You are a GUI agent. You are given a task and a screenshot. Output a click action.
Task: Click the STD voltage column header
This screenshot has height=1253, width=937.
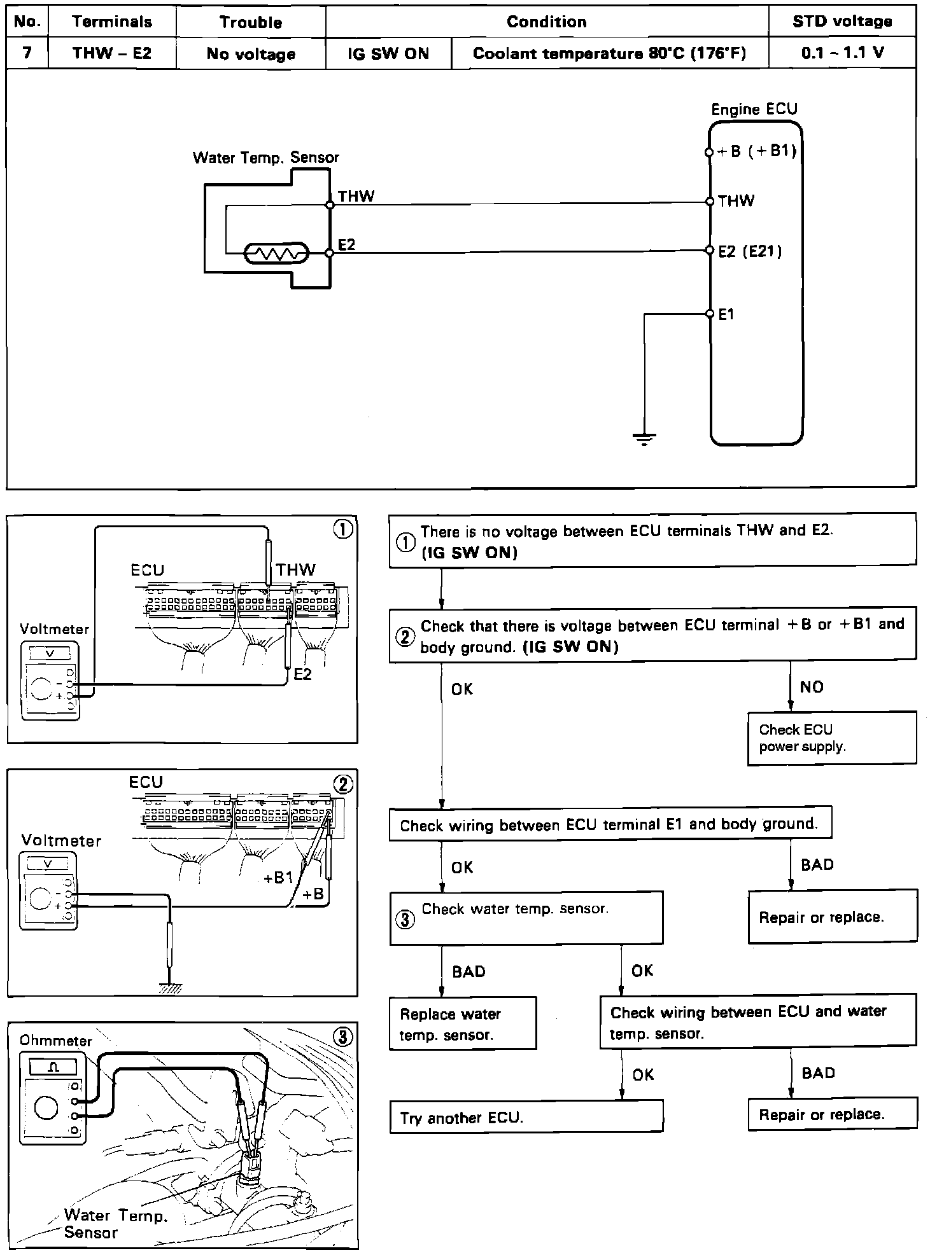coord(842,22)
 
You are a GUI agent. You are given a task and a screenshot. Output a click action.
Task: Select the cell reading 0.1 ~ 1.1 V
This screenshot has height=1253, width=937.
coord(842,53)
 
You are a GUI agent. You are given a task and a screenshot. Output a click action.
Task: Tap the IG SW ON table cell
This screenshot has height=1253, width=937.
coord(388,53)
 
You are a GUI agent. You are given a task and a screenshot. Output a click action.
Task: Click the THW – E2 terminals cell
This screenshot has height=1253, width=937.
coord(112,53)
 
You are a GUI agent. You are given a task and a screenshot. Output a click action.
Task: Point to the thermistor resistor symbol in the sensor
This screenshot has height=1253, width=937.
coord(276,254)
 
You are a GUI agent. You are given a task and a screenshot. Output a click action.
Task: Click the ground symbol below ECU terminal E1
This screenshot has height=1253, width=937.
coord(644,438)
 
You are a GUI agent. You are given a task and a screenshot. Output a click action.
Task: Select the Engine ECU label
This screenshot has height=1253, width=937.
coord(754,109)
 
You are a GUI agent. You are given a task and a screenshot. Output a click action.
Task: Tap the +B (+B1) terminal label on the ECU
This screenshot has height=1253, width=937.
coord(756,152)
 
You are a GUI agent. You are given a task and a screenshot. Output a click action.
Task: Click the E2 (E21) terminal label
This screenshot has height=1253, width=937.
coord(749,251)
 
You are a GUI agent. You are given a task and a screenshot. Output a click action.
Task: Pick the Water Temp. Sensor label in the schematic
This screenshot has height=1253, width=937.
coord(265,158)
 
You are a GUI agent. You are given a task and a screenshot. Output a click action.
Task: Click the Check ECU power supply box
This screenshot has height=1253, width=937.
coord(831,738)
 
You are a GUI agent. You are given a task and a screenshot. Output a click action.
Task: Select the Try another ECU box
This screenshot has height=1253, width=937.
coord(526,1118)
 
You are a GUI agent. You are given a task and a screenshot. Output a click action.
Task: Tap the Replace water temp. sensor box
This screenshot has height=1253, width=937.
coord(462,1023)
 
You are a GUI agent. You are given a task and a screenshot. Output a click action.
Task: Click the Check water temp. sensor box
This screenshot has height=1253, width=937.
coord(526,917)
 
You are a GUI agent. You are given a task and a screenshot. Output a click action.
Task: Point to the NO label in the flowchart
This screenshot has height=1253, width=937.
coord(812,687)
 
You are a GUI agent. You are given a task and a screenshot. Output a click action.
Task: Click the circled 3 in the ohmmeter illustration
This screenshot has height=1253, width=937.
coord(342,1037)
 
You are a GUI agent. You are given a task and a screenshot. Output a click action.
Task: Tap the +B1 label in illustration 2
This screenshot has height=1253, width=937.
coord(278,878)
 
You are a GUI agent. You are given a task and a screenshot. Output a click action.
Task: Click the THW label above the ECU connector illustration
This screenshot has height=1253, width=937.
coord(295,569)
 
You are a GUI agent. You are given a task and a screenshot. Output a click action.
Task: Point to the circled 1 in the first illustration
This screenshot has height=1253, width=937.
coord(344,530)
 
